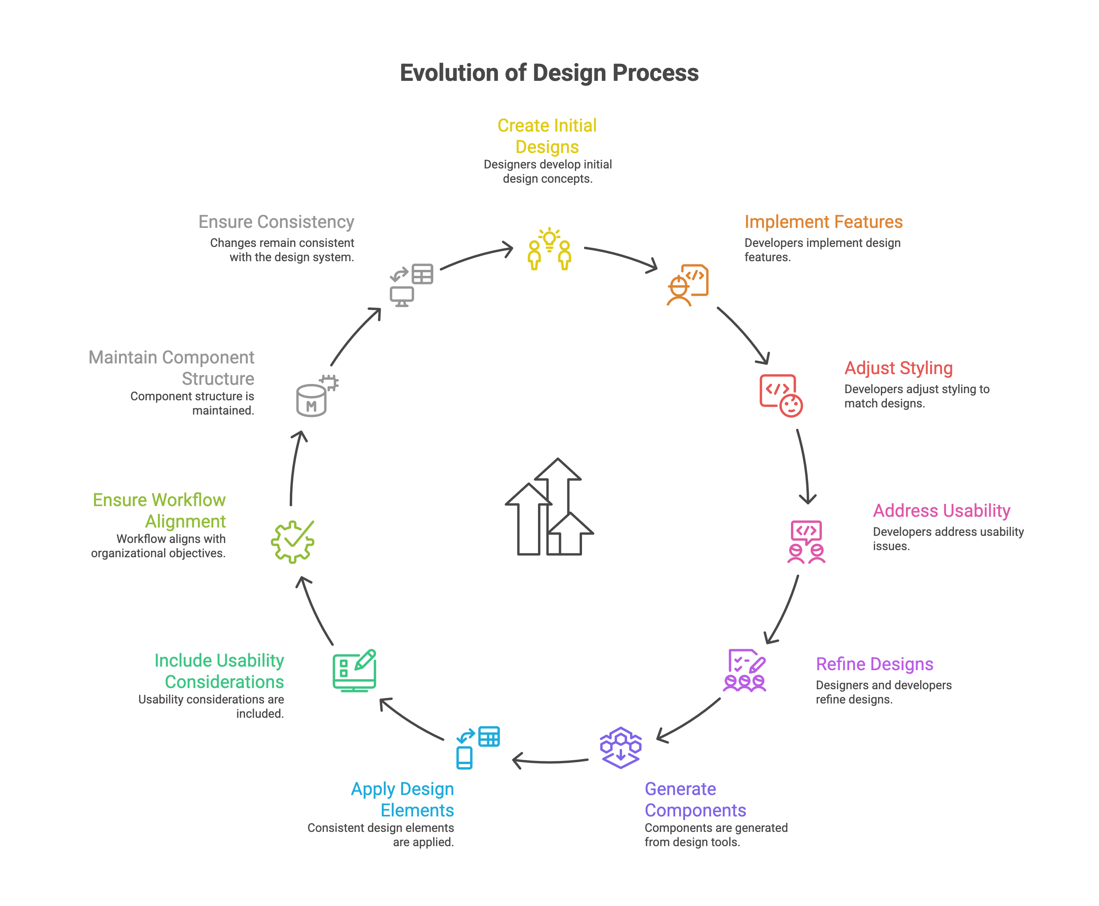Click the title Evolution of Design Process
tap(549, 73)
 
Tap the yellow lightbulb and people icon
tap(549, 249)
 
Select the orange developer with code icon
tap(687, 285)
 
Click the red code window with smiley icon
tap(781, 396)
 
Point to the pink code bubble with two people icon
tap(806, 542)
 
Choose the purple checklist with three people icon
tap(745, 670)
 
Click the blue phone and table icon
tap(478, 747)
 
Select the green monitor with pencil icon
tap(354, 670)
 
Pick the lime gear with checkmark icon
tap(292, 542)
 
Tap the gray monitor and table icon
tap(412, 285)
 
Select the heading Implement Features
tap(823, 222)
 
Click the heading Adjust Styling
tap(898, 368)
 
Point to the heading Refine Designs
tap(875, 664)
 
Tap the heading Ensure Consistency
tap(276, 222)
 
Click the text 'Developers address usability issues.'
tap(948, 539)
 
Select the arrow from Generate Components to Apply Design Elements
tap(550, 761)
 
